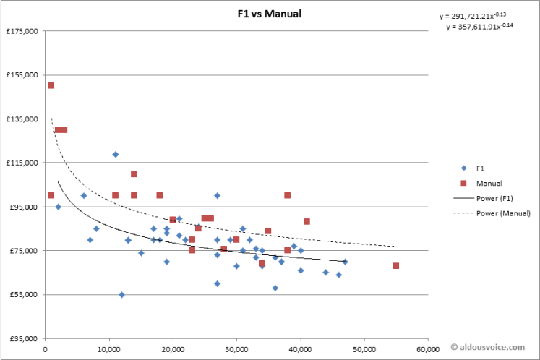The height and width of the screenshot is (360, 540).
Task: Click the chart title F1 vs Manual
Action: [269, 14]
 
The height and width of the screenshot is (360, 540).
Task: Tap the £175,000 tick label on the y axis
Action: [23, 31]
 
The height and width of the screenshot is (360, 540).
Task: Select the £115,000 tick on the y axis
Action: [23, 163]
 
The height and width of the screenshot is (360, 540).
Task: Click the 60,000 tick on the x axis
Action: [427, 348]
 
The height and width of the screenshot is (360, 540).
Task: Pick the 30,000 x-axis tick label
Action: [236, 348]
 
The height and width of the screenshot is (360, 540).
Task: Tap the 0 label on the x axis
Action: [45, 348]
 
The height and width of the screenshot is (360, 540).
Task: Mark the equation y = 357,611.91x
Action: [479, 27]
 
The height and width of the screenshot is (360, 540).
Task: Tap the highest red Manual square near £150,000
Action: [51, 85]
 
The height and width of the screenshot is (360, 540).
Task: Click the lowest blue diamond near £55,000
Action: [121, 294]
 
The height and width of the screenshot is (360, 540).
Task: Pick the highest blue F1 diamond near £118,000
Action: [115, 154]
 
